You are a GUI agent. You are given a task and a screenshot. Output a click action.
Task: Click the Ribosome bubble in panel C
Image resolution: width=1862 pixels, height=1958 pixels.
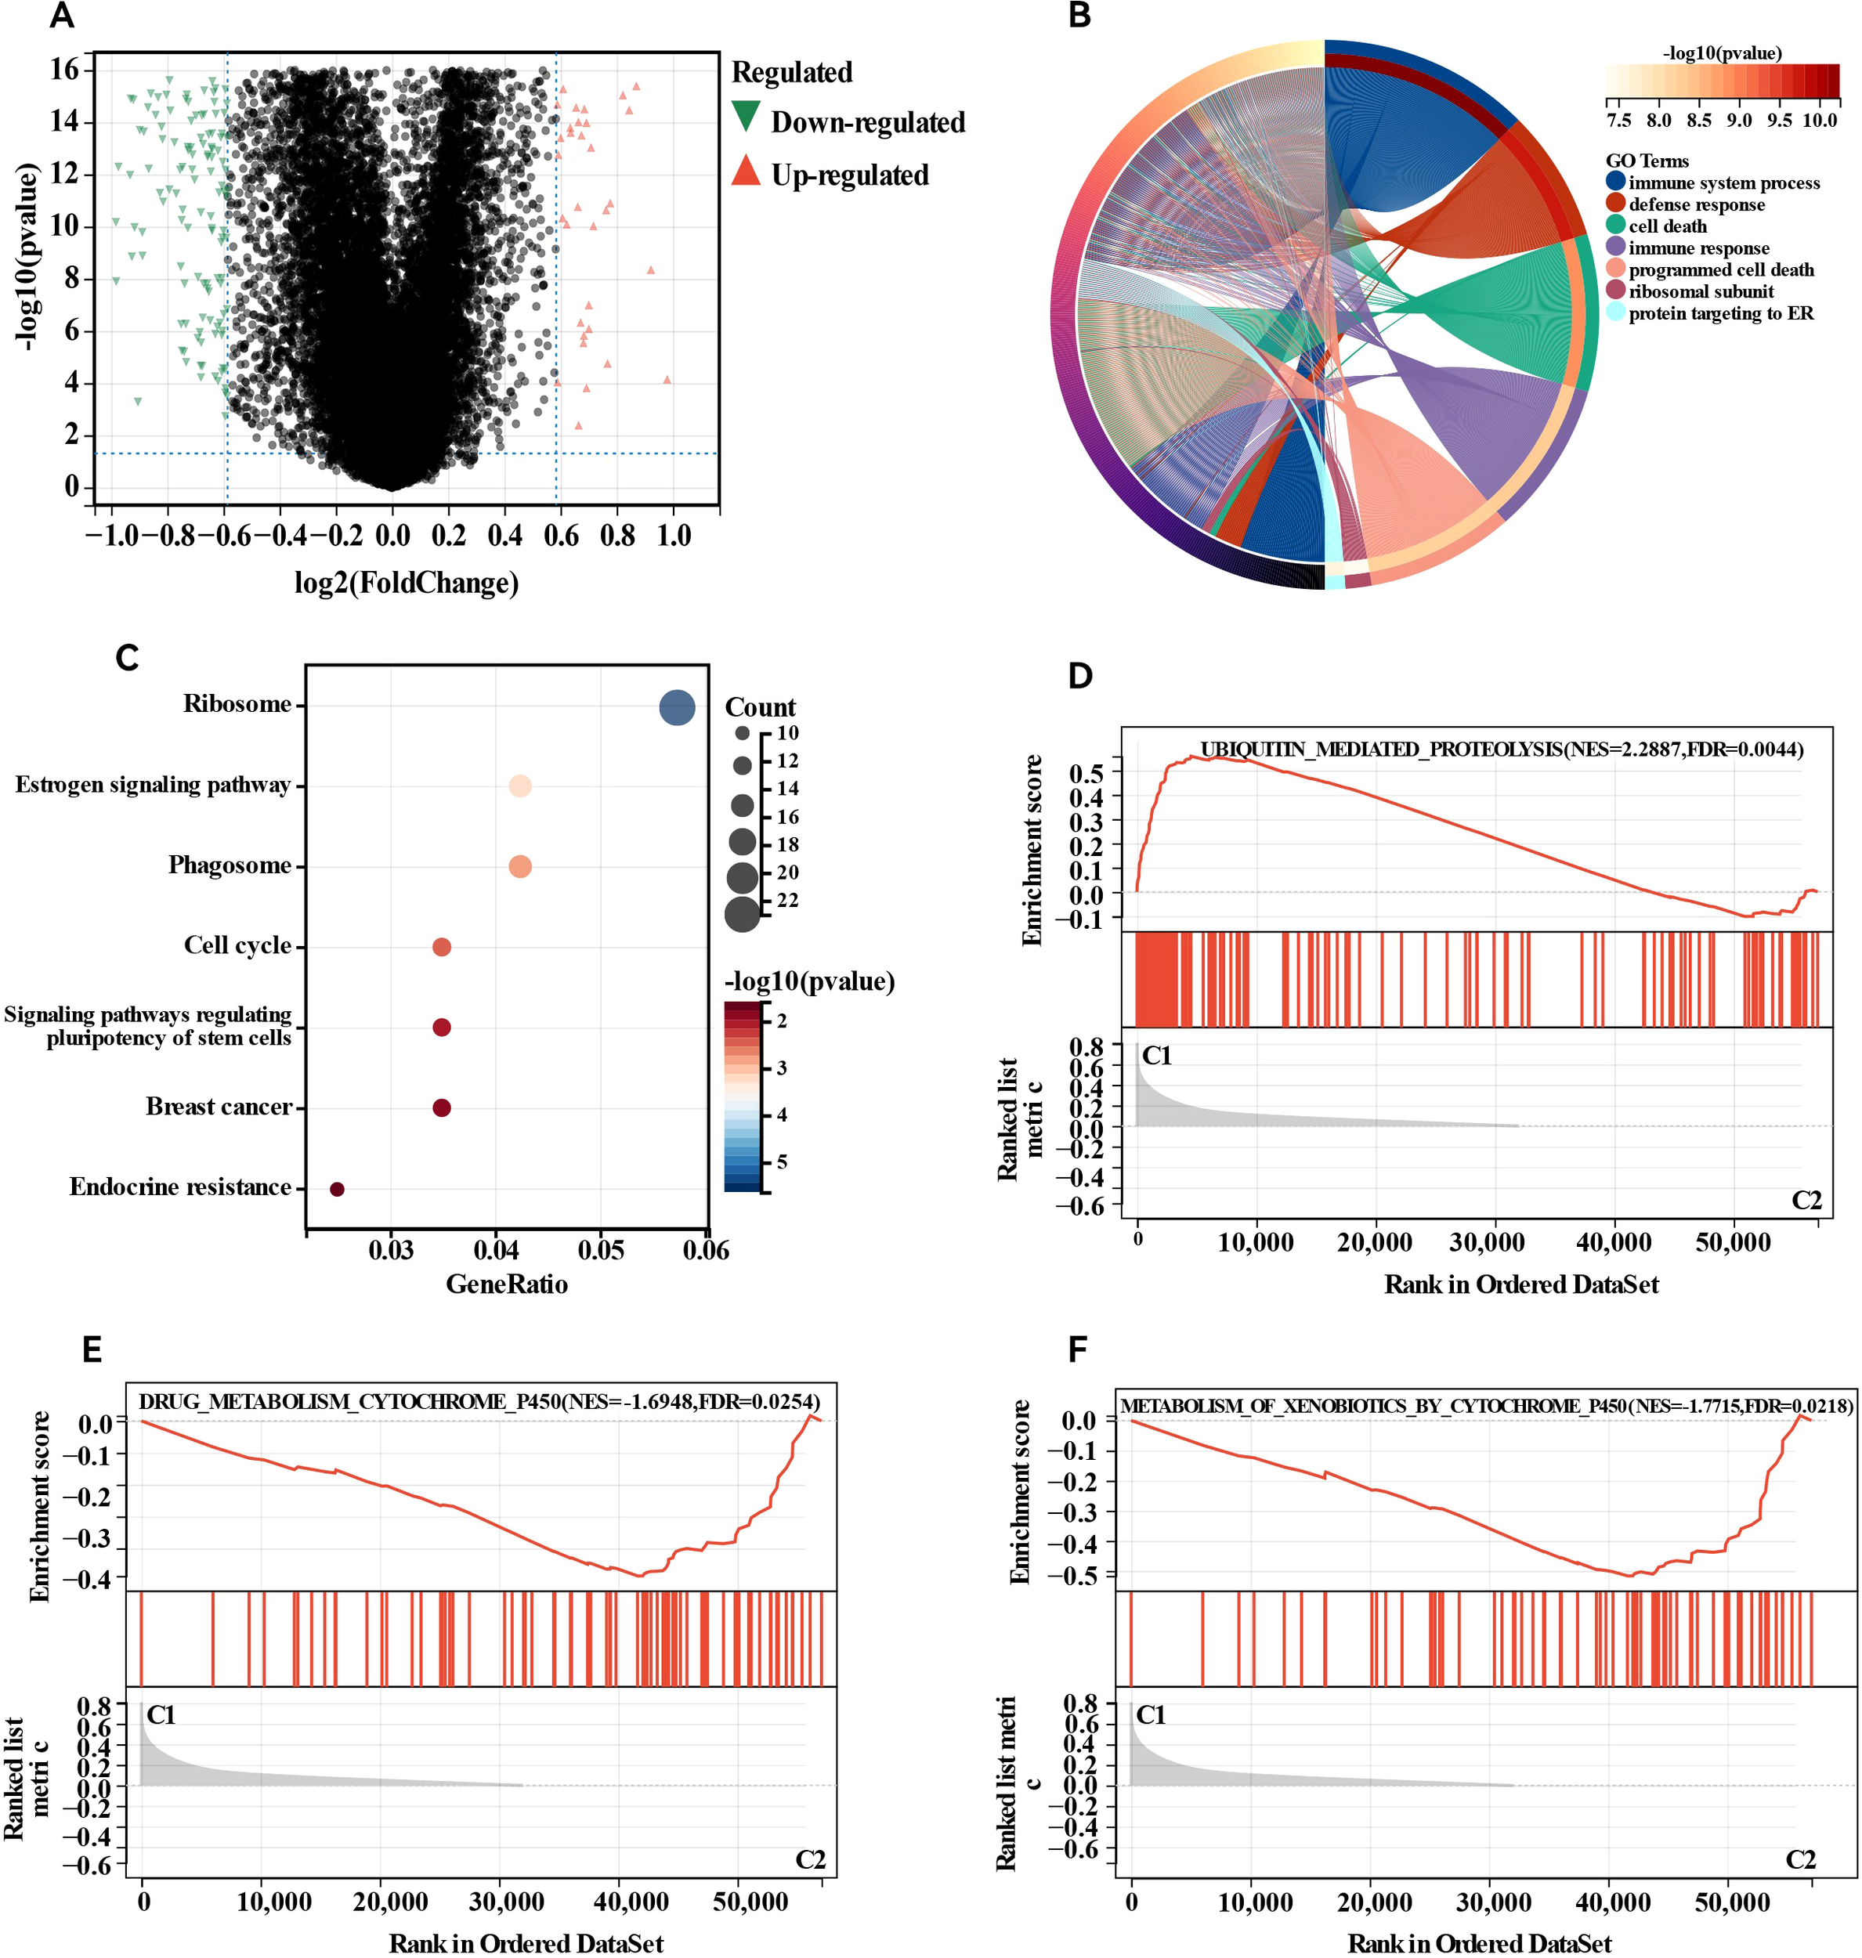[x=677, y=707]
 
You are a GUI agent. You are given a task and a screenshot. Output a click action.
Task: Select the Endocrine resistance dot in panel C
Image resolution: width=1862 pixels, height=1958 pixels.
[x=337, y=1189]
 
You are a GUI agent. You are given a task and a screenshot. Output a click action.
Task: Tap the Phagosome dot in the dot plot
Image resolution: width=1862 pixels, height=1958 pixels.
[x=520, y=866]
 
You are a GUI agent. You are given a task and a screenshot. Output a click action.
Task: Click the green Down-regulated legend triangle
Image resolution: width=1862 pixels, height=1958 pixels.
[x=746, y=117]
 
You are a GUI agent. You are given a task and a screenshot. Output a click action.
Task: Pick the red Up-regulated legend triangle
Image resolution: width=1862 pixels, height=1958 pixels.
[x=746, y=172]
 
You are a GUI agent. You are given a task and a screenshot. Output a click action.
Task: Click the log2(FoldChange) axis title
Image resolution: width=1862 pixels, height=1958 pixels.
[x=406, y=583]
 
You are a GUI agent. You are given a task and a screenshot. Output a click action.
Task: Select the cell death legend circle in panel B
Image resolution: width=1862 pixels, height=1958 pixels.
[x=1615, y=226]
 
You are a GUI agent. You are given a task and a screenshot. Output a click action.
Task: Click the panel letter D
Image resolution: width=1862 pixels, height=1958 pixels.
[x=1080, y=676]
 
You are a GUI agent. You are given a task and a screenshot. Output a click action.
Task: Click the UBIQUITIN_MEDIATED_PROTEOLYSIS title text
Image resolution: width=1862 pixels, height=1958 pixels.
[x=1501, y=750]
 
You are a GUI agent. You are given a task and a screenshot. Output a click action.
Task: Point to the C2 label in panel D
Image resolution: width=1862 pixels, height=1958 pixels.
[x=1806, y=1200]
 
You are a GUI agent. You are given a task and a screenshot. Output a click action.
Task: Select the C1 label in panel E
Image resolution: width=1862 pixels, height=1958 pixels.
[x=161, y=1716]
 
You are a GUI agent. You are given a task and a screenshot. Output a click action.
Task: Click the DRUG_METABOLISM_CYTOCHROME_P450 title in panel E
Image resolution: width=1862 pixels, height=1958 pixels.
[x=479, y=1401]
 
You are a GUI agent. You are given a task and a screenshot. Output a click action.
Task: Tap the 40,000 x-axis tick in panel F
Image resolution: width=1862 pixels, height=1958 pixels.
[x=1613, y=1903]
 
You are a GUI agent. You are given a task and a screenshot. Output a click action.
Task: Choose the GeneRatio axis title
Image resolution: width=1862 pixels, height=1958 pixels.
[x=506, y=1284]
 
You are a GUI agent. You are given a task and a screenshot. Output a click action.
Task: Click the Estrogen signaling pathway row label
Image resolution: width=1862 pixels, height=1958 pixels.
[x=153, y=785]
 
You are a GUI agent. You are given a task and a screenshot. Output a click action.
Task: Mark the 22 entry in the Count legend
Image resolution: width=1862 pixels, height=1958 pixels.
[x=787, y=900]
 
